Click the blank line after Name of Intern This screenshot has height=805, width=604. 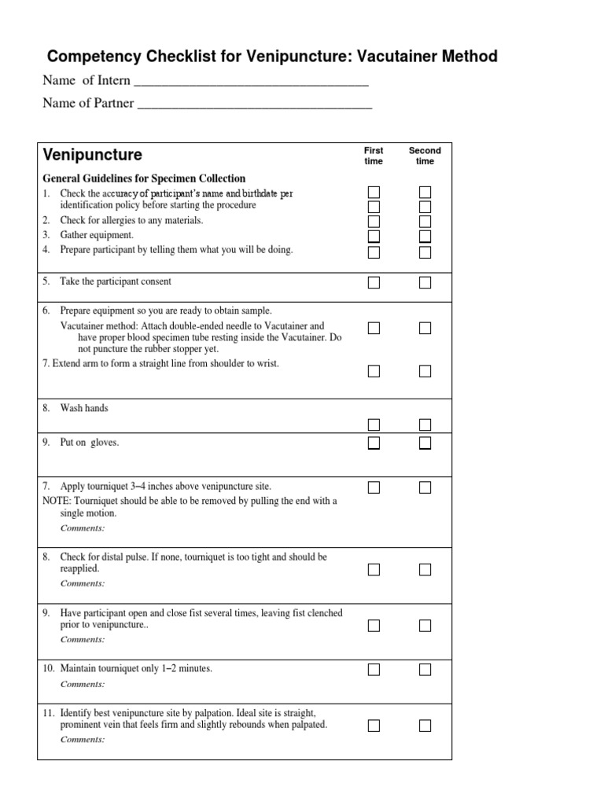point(252,83)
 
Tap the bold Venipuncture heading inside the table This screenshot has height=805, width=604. point(93,154)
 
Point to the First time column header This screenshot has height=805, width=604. point(374,156)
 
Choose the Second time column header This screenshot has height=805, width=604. point(425,156)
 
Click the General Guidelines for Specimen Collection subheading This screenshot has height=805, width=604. point(144,178)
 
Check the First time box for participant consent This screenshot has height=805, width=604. point(374,282)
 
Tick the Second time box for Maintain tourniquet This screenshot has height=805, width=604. point(425,670)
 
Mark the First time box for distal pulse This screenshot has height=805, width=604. point(374,569)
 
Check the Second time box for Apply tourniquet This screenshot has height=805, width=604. point(425,487)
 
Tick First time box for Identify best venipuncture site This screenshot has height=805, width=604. point(374,726)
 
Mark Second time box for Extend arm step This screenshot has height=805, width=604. point(425,371)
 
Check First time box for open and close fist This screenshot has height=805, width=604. point(374,626)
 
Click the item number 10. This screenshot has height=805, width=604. point(49,668)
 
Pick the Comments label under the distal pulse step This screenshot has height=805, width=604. point(83,583)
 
